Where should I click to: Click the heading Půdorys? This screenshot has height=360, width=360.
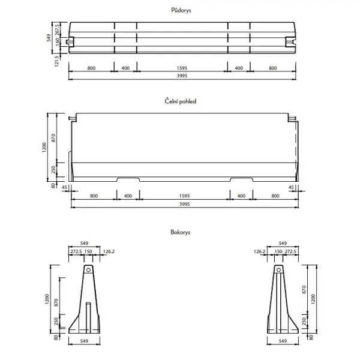click(x=181, y=10)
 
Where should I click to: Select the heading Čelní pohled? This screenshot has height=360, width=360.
click(x=181, y=101)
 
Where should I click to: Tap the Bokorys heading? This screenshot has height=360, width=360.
click(x=181, y=231)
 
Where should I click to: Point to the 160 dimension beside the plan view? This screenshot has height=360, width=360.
click(x=58, y=41)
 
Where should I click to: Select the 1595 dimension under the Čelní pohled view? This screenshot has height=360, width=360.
click(x=184, y=196)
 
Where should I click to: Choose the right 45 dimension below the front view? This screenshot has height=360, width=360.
click(x=292, y=187)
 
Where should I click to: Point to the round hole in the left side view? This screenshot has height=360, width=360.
click(x=88, y=271)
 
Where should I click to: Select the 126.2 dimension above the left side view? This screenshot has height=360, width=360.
click(x=109, y=251)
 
